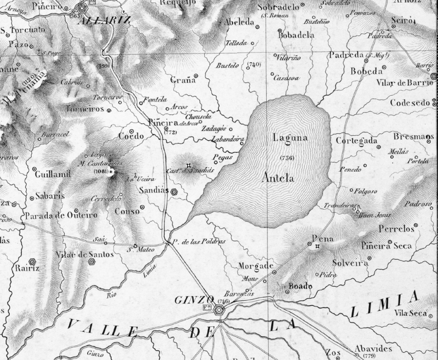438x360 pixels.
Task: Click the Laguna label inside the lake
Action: coord(290,138)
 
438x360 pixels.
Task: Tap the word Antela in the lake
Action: coord(278,178)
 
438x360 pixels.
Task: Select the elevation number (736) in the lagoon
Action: coord(287,158)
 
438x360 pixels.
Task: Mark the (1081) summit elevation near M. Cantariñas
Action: coord(101,172)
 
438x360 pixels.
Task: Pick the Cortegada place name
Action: coord(357,141)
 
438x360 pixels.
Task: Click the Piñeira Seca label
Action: coord(386,246)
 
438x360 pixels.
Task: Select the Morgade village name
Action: coord(254,266)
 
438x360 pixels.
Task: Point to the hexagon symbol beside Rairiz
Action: coord(33,262)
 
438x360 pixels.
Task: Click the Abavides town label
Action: coord(373,348)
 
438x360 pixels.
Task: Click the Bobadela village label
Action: coord(296,35)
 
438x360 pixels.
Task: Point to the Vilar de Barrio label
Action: coord(404,83)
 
